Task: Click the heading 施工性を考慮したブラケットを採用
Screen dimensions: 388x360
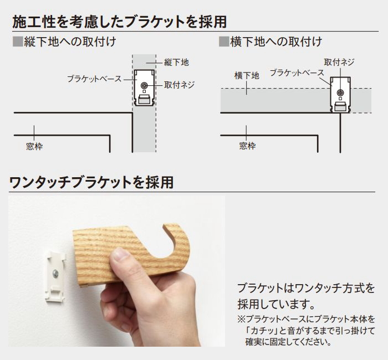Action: point(120,22)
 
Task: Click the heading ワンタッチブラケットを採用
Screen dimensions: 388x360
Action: point(91,182)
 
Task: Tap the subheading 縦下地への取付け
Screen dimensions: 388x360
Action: point(70,42)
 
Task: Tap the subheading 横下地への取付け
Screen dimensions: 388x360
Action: point(276,42)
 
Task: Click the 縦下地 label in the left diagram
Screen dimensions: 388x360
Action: point(176,62)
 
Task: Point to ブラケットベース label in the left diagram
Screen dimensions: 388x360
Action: point(94,79)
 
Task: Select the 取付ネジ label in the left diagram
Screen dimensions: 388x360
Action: point(180,85)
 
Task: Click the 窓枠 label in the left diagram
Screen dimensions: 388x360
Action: point(34,147)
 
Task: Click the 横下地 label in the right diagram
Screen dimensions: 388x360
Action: point(247,75)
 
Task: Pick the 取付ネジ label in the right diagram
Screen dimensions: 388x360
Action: point(339,62)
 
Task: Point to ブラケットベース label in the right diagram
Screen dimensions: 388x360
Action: point(297,73)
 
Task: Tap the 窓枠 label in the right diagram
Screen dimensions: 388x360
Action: point(247,146)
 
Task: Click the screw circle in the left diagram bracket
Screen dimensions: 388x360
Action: point(144,86)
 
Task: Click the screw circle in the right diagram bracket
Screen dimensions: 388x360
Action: point(340,92)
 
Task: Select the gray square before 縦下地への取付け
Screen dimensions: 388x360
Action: point(18,42)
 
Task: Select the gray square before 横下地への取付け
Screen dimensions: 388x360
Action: point(224,42)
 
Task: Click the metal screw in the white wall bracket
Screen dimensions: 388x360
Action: point(55,274)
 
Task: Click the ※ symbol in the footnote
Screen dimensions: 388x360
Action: point(241,319)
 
